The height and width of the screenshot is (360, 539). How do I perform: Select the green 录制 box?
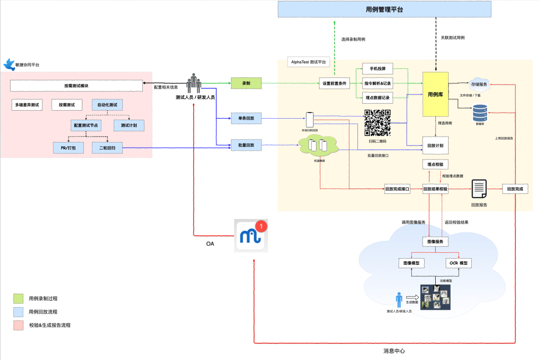(x=246, y=83)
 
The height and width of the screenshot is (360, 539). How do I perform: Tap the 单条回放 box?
(x=246, y=119)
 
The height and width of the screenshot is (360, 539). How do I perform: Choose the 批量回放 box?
(x=246, y=145)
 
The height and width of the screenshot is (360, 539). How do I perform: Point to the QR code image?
(x=377, y=122)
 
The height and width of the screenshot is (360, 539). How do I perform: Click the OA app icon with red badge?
(x=251, y=235)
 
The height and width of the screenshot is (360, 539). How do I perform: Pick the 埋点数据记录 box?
(x=378, y=97)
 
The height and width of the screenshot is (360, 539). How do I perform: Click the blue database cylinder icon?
(x=480, y=112)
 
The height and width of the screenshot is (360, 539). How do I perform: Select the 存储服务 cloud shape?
(x=479, y=84)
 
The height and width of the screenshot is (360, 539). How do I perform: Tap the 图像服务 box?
(x=435, y=242)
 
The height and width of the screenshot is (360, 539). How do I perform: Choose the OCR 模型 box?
(x=458, y=263)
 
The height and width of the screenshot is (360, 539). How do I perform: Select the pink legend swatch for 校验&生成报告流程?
(x=18, y=325)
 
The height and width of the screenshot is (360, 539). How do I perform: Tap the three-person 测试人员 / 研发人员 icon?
(x=194, y=83)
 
